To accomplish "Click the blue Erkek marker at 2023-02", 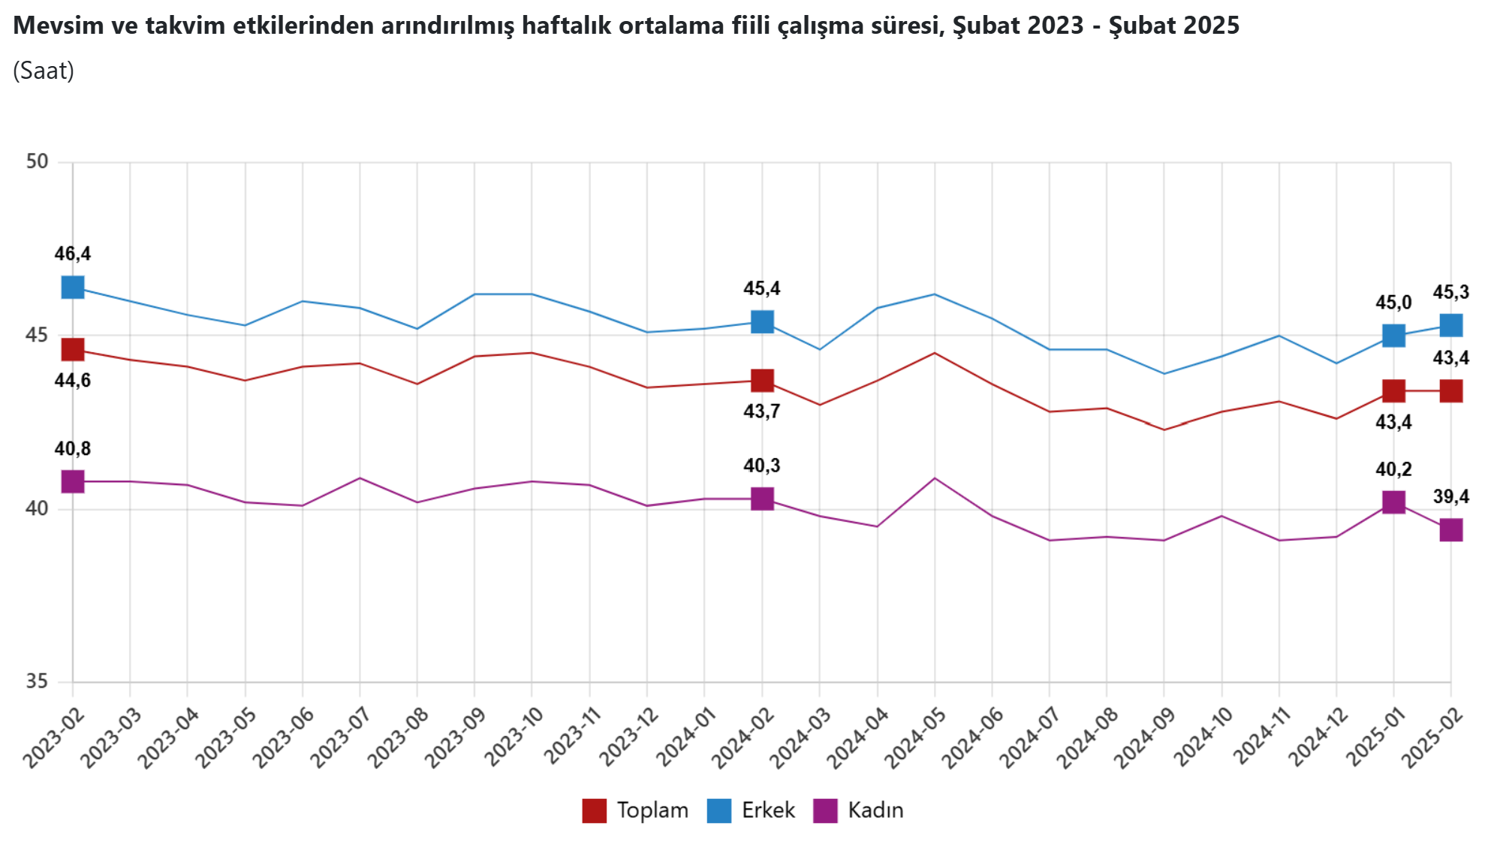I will click(73, 287).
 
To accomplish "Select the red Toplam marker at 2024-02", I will click(762, 381).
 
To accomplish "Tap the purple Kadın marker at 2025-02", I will click(1450, 530).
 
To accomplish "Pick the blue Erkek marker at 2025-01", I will click(1393, 335).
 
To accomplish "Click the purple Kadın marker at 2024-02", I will click(762, 499).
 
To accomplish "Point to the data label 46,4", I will click(73, 254).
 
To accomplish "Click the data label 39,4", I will click(1450, 496).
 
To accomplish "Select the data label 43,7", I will click(762, 411).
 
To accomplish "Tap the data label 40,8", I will click(73, 449).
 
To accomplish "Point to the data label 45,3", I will click(1450, 292).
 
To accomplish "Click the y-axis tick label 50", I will click(37, 161).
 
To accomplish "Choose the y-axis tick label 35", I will click(37, 681).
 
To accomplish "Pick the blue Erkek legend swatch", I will click(718, 811).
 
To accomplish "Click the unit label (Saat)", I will click(44, 71).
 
